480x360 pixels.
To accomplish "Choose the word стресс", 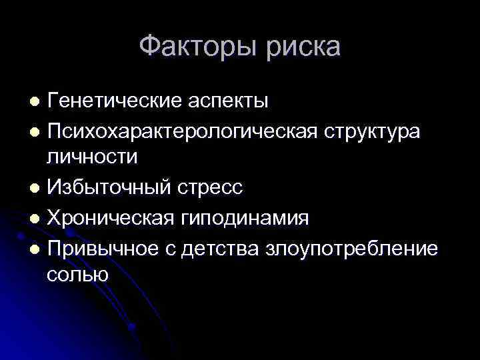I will pyautogui.click(x=211, y=188).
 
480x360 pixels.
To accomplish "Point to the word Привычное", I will pyautogui.click(x=106, y=248).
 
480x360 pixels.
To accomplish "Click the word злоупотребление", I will pyautogui.click(x=353, y=248).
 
